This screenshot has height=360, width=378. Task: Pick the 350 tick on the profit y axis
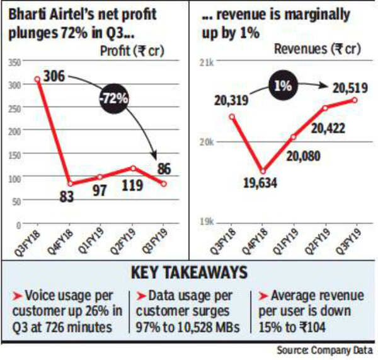tap(14, 62)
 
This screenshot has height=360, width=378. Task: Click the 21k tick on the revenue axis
tap(206, 62)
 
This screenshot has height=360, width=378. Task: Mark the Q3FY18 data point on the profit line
tap(37, 79)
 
